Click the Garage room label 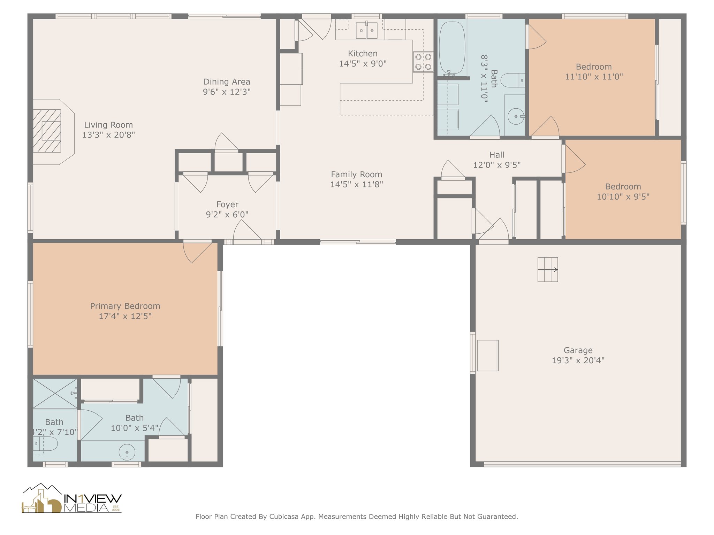point(578,350)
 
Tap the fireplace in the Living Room point(47,131)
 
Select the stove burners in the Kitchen point(423,62)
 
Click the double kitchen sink point(367,30)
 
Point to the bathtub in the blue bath point(452,47)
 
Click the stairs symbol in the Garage point(547,270)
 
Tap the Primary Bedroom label point(125,306)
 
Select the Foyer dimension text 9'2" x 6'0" point(227,215)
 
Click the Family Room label point(357,175)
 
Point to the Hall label point(497,155)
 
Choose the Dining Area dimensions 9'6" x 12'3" point(227,92)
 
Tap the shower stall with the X point(55,393)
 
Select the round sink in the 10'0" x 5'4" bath point(127,452)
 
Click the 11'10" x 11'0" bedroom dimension point(594,77)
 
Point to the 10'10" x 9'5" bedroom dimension point(623,197)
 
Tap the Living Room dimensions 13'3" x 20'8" point(108,135)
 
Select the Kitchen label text point(363,54)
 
